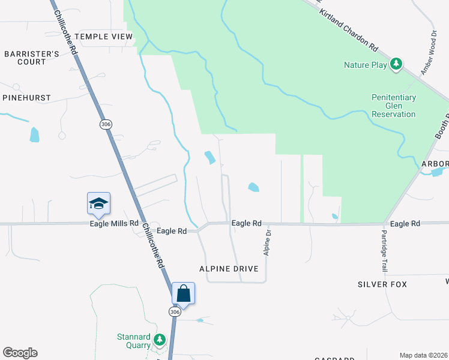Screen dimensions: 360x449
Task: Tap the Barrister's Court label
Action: [32, 58]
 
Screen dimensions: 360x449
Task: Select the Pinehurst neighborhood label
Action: [26, 97]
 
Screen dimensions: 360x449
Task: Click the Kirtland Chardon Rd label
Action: [349, 29]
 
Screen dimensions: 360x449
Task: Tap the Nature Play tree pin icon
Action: [396, 64]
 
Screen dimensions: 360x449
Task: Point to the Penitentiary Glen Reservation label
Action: [394, 106]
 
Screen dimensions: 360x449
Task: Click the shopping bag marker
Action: [184, 293]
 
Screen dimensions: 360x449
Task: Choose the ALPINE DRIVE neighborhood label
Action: [233, 269]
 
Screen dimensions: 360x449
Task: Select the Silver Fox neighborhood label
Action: [382, 284]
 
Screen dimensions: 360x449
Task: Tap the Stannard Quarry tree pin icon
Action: [159, 340]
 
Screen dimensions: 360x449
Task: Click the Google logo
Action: [20, 353]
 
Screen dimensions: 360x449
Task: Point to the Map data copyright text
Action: [423, 355]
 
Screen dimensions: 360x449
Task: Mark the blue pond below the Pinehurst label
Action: [34, 134]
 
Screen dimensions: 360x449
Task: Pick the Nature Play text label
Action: [366, 65]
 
